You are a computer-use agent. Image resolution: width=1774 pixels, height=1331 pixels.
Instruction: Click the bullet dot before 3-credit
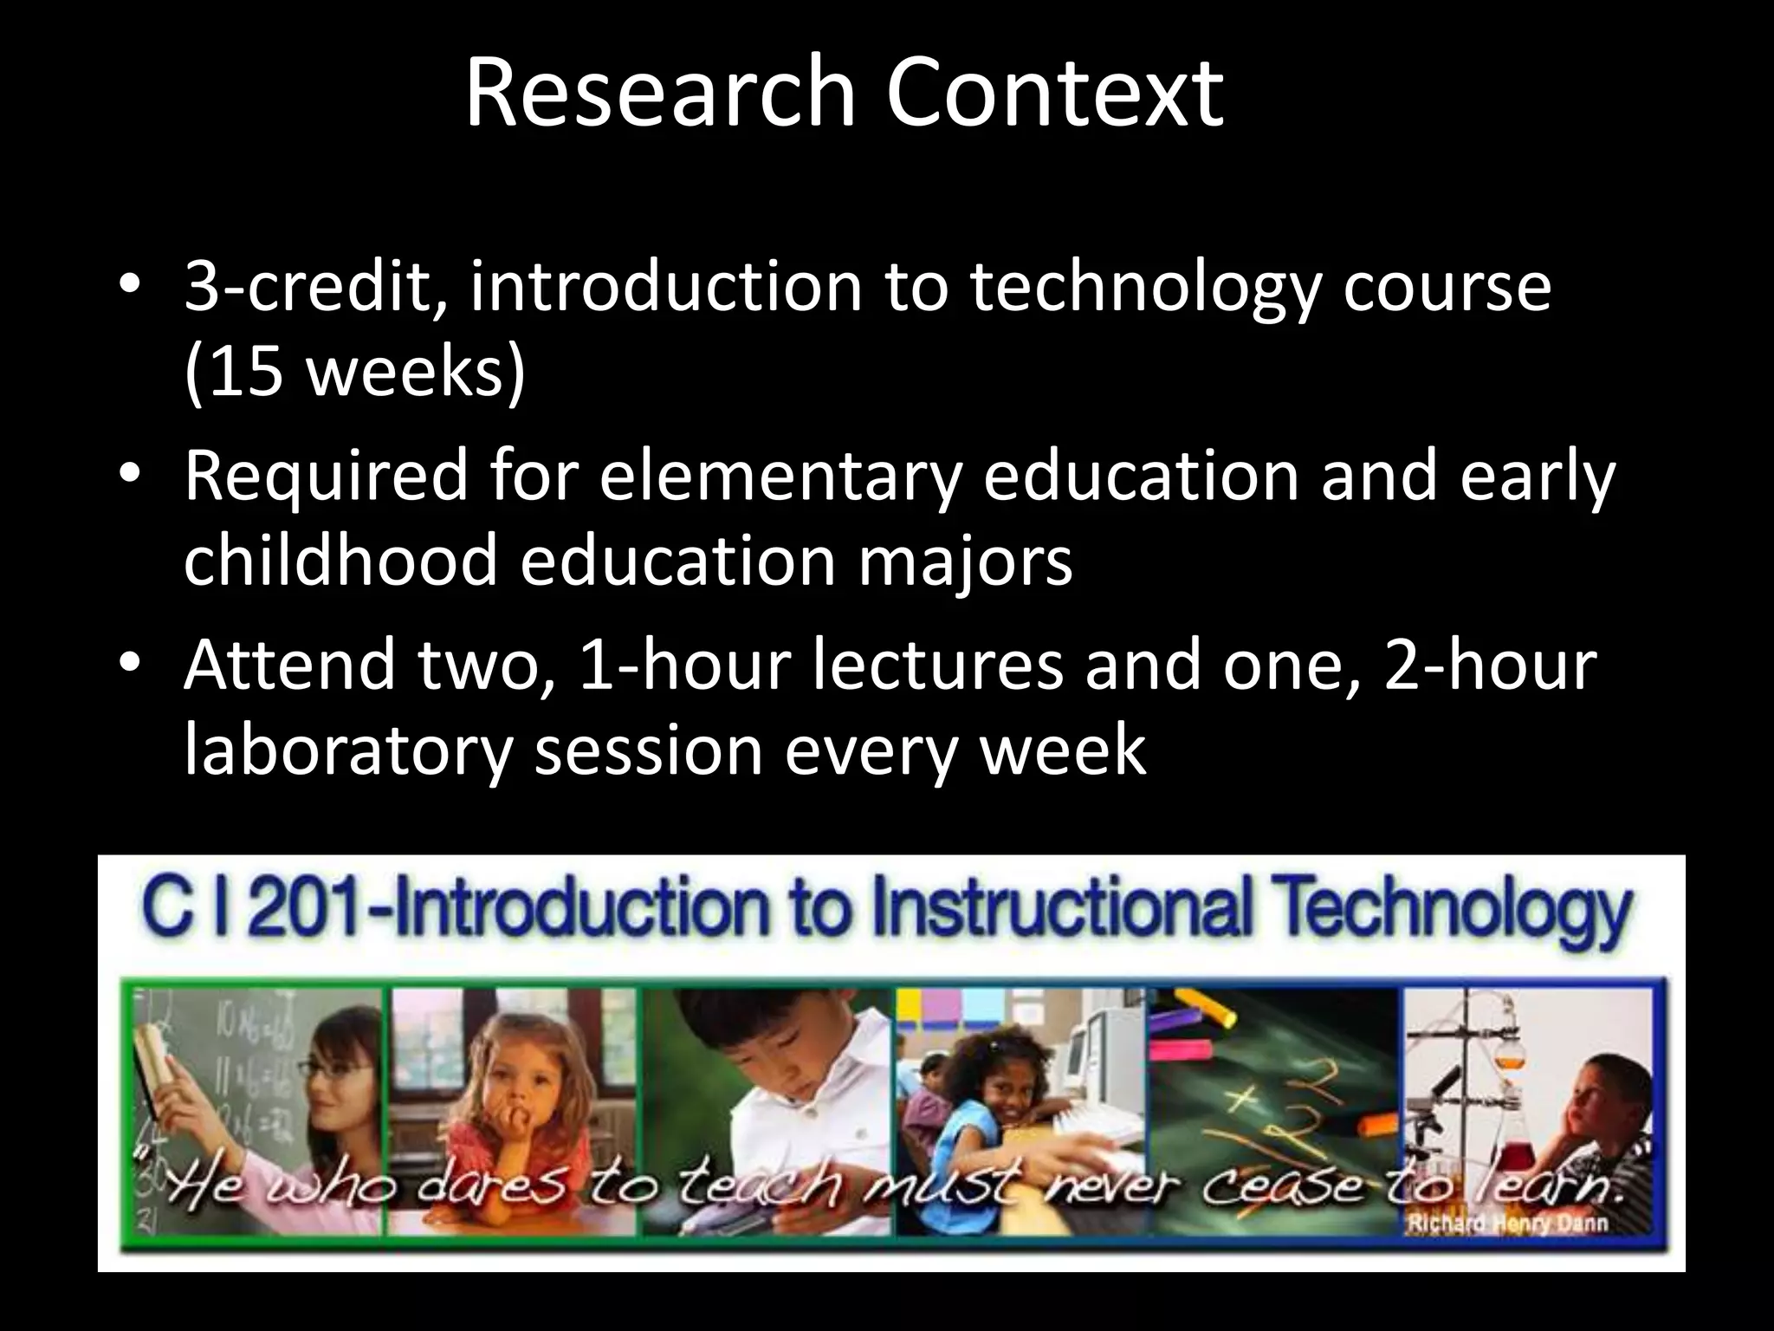pyautogui.click(x=129, y=287)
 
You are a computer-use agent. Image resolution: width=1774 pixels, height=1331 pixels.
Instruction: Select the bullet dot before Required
pyautogui.click(x=129, y=476)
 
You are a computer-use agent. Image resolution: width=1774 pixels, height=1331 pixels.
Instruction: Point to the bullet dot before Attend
pyautogui.click(x=129, y=665)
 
